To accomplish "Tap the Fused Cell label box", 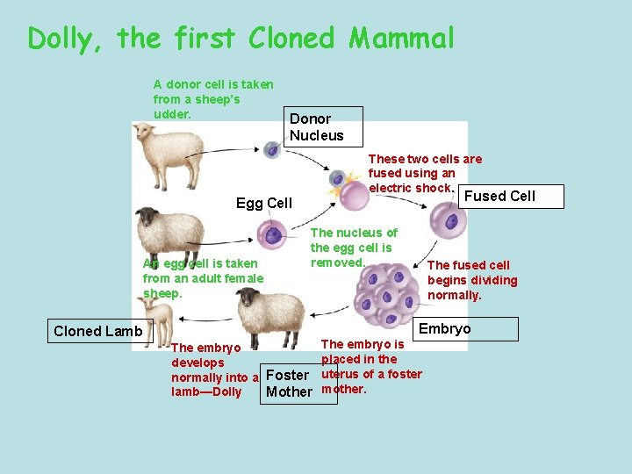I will click(499, 196).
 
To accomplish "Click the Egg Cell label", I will click(264, 204).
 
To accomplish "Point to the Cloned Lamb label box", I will click(98, 331).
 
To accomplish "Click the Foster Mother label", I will click(289, 384).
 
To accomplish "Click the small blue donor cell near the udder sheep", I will click(272, 150).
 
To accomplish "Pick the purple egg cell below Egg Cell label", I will click(274, 234).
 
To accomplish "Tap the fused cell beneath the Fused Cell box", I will click(451, 220).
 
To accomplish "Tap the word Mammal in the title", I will click(402, 39).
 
